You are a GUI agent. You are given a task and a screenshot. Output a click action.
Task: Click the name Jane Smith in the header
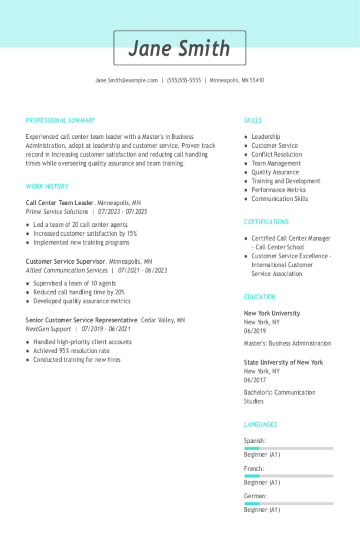point(180,48)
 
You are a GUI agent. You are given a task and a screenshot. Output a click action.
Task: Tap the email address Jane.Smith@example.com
point(126,80)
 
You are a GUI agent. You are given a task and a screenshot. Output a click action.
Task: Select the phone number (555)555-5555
point(184,80)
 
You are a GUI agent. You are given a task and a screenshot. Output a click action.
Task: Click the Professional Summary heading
point(60,120)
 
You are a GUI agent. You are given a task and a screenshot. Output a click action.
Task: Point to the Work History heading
point(47,186)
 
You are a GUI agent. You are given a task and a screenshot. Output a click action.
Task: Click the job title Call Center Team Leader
point(60,203)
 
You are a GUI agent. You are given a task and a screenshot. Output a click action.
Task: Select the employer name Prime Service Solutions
point(57,212)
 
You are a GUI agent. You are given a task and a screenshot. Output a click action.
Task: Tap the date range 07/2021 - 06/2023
point(142,270)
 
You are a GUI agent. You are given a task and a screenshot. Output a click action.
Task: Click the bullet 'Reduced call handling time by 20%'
point(79,292)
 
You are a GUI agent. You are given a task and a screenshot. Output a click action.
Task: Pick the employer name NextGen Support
point(48,329)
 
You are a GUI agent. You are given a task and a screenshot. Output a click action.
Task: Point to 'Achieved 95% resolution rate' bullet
point(71,351)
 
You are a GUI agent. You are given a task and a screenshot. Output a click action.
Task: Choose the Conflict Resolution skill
point(276,154)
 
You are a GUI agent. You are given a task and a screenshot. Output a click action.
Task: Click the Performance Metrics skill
point(278,190)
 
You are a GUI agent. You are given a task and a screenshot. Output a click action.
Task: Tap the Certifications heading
point(266,222)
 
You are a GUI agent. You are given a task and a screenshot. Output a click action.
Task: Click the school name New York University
point(272,313)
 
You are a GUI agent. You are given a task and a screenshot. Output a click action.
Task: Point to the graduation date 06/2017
point(255,380)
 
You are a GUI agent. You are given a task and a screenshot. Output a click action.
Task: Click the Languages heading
point(260,424)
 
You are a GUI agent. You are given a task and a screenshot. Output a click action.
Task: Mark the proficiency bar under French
point(288,476)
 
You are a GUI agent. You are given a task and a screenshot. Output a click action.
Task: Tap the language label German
point(255,496)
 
